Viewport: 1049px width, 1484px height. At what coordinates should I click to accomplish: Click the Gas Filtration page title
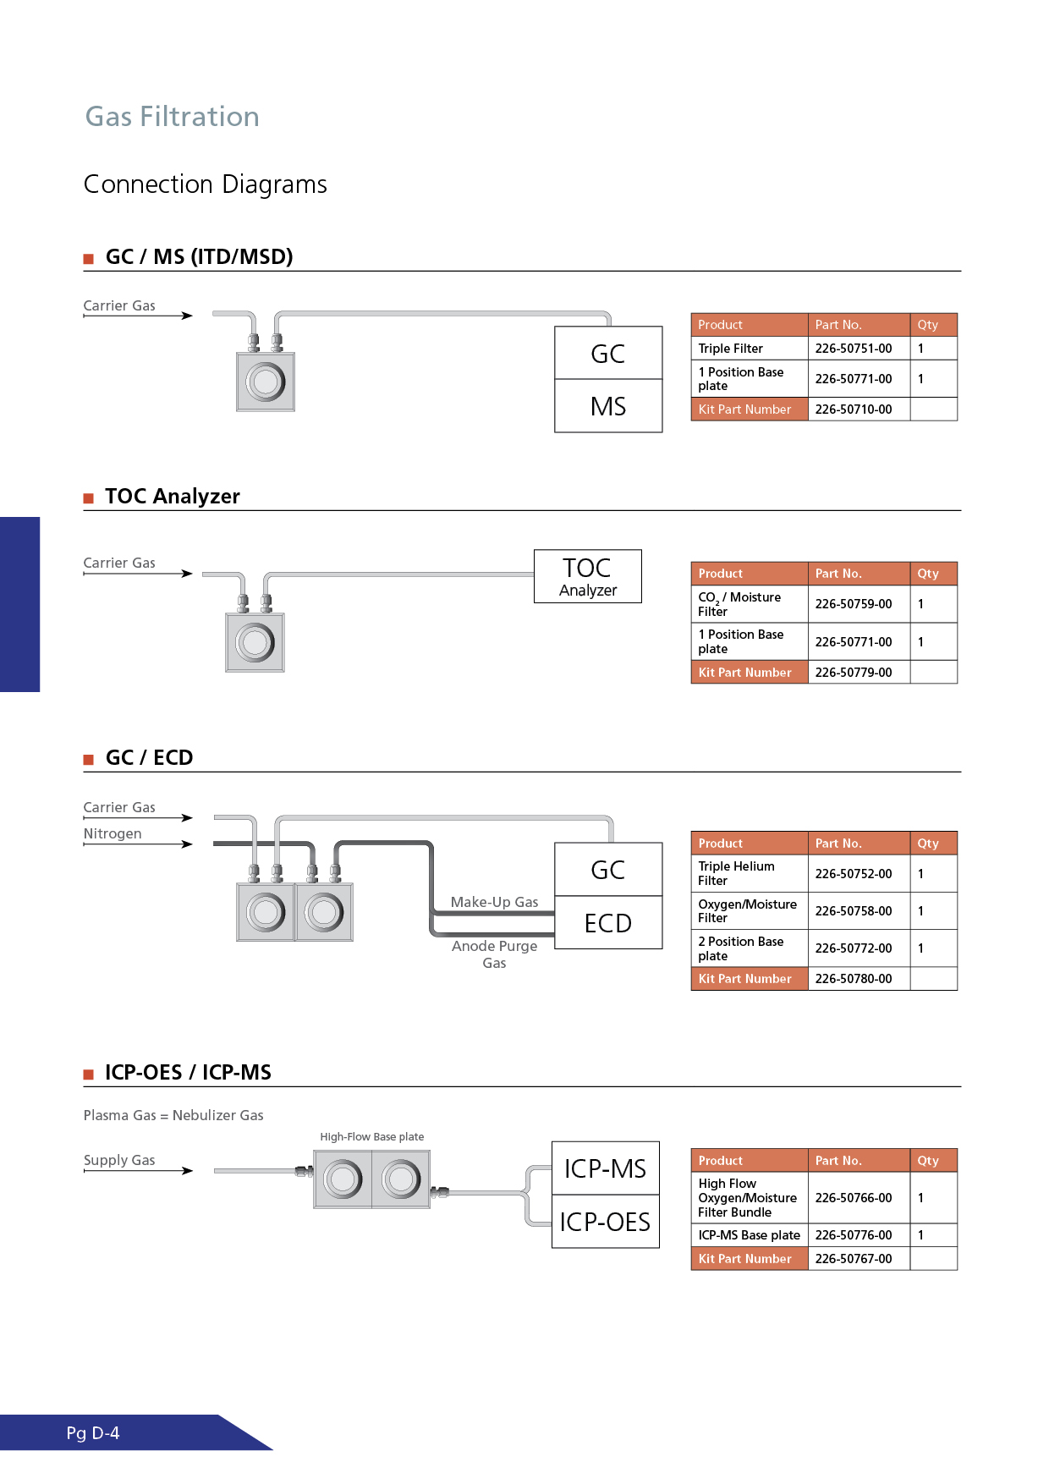point(172,117)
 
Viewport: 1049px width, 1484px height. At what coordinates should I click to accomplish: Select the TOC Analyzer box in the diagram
point(588,576)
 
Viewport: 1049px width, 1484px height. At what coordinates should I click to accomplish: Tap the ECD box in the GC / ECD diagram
point(608,923)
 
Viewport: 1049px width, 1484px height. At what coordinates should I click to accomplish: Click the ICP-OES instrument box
point(605,1222)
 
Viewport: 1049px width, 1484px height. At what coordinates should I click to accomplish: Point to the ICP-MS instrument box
point(605,1168)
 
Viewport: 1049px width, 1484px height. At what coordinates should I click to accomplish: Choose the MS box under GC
point(608,406)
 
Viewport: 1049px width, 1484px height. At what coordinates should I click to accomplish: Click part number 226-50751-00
point(854,349)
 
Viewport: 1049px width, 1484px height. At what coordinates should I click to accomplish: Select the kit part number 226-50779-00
point(854,673)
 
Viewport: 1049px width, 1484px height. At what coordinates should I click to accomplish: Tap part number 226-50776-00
point(854,1235)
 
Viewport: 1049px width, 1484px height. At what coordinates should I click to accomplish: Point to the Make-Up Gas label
point(494,902)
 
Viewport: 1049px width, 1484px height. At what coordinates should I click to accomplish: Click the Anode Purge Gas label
point(494,954)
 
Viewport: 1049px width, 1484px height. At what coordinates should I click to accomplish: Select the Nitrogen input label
point(113,834)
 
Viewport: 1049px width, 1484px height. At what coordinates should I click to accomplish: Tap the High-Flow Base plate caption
point(372,1137)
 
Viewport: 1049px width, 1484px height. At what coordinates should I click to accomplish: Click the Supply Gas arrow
point(139,1171)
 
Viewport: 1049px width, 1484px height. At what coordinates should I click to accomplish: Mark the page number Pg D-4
point(93,1433)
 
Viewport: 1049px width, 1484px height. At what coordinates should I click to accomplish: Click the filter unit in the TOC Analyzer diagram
point(255,643)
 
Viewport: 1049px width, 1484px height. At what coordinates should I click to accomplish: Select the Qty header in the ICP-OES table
point(928,1161)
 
